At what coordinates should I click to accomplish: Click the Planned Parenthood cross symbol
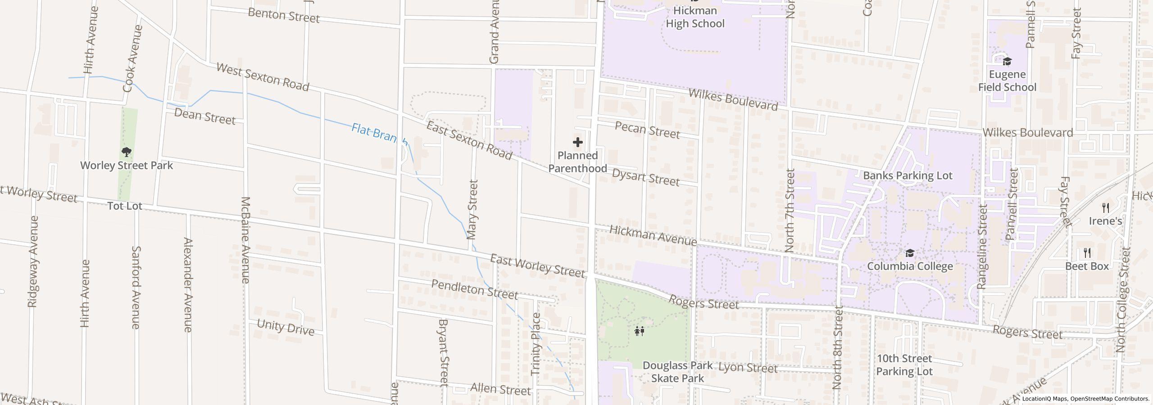(x=577, y=143)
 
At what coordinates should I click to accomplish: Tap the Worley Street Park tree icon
(x=127, y=152)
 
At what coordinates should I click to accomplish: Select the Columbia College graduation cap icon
(x=910, y=253)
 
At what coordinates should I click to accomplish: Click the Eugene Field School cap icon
(x=1007, y=61)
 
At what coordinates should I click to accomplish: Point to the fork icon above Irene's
(x=1105, y=207)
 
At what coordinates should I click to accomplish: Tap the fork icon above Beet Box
(x=1087, y=252)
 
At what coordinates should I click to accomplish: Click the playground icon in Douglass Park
(x=639, y=332)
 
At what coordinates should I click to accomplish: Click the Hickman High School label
(x=695, y=17)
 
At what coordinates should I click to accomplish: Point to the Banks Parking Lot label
(x=908, y=175)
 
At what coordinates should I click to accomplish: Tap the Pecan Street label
(x=647, y=130)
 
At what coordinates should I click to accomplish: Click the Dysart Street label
(x=645, y=177)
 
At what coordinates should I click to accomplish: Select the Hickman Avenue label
(x=653, y=235)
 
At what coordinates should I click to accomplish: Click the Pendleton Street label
(x=474, y=289)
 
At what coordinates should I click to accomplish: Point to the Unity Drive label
(x=286, y=327)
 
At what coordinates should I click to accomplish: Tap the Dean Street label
(x=204, y=116)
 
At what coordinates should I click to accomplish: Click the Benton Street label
(x=284, y=16)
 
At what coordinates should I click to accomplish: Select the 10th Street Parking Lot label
(x=904, y=365)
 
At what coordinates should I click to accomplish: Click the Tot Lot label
(x=125, y=206)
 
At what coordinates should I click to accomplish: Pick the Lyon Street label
(x=748, y=368)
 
